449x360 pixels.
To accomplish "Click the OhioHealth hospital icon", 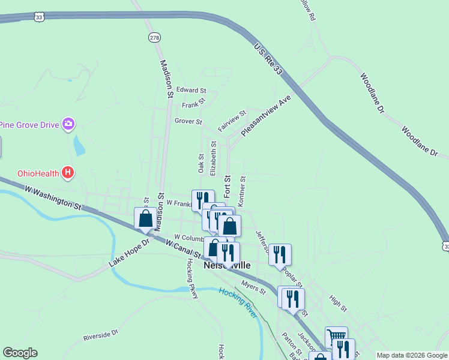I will tap(68, 173).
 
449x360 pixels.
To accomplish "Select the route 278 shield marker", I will tap(155, 37).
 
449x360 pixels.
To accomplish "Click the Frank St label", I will tap(194, 104).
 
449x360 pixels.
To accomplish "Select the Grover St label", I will tap(188, 121).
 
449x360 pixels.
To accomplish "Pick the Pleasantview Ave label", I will tap(265, 115).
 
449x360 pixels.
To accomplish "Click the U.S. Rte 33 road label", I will tap(268, 59).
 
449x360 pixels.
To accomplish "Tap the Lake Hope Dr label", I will tap(128, 254).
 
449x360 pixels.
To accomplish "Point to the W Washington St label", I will tap(53, 197).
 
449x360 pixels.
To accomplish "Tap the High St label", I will tap(338, 304).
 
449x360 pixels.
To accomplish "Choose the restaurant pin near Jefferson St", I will tap(280, 254).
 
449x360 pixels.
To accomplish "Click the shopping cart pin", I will tap(336, 337).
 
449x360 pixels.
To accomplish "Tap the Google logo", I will tap(20, 353).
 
